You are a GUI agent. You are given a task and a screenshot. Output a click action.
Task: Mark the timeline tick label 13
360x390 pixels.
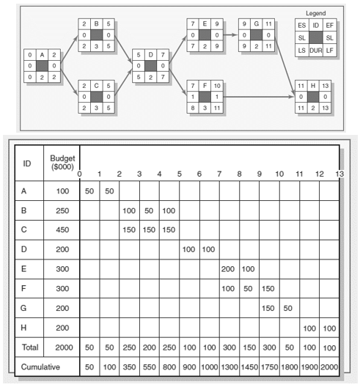click(338, 174)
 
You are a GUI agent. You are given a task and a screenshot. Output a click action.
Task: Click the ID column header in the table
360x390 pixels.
click(28, 163)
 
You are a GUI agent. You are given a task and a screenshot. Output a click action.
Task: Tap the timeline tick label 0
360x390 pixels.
click(80, 174)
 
